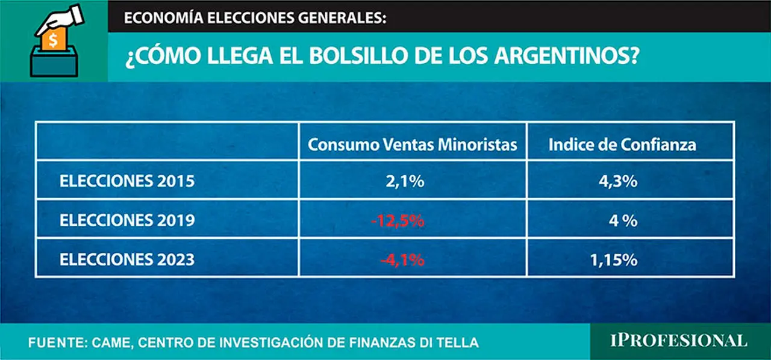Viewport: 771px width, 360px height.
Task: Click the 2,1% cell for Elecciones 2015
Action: (x=405, y=181)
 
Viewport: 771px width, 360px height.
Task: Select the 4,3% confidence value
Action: (x=618, y=181)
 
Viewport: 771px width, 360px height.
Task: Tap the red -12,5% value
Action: (x=398, y=220)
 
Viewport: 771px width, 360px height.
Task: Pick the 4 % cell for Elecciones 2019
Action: (x=623, y=220)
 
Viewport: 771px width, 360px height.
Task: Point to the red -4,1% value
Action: (x=402, y=260)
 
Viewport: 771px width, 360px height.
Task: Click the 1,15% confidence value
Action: (x=614, y=260)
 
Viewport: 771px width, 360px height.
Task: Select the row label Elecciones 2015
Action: (x=127, y=181)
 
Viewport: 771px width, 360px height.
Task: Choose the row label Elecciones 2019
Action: (x=127, y=220)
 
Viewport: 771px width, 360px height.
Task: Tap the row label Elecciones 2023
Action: (x=127, y=259)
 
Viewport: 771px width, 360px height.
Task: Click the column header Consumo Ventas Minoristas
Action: (x=413, y=144)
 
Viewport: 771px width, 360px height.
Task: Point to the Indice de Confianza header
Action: (x=622, y=144)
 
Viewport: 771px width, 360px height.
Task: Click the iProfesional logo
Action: (x=679, y=341)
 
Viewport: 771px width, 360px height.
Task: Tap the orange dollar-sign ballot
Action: (x=54, y=39)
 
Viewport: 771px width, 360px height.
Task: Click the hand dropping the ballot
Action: (x=61, y=19)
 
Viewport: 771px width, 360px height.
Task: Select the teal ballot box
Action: (x=54, y=62)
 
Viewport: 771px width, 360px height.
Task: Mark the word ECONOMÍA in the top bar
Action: (x=163, y=17)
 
